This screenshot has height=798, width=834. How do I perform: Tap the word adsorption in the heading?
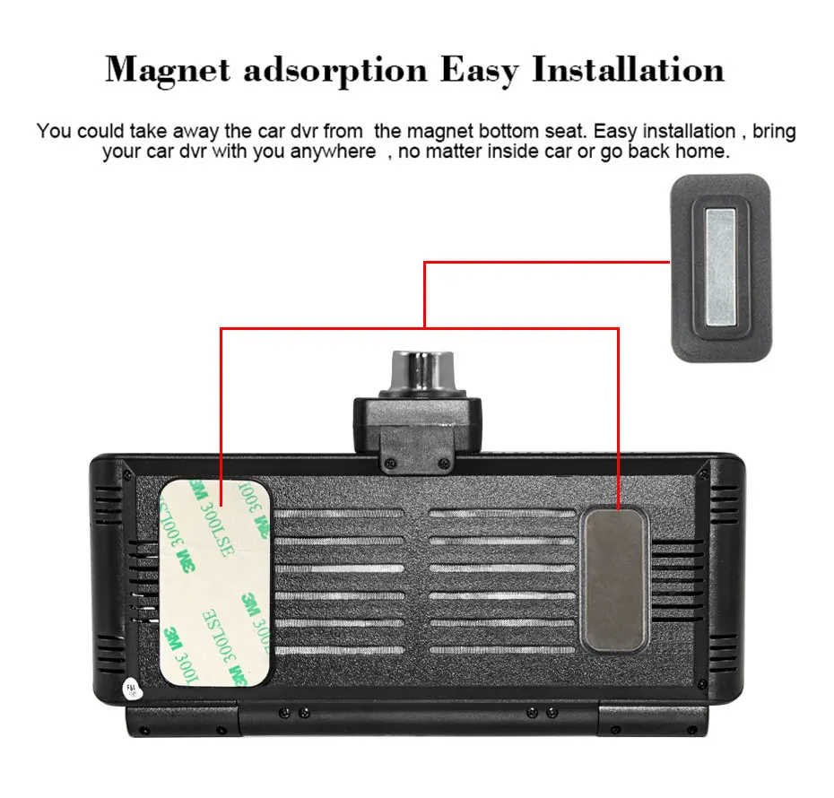pos(336,69)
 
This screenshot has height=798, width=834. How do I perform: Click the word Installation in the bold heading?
pos(629,69)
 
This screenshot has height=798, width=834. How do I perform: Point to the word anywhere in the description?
pos(333,152)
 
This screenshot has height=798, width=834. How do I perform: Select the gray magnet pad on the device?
pos(614,579)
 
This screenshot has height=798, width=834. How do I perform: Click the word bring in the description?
pos(774,131)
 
